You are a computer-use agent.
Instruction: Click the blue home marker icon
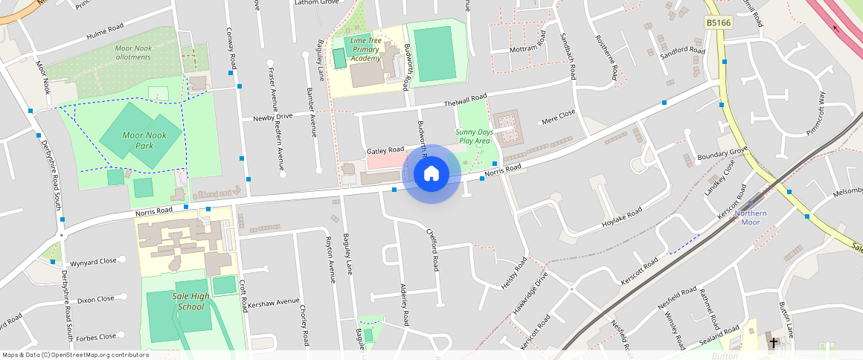431,174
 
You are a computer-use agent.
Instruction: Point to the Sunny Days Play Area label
474,135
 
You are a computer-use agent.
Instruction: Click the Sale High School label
188,301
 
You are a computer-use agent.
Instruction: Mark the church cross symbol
774,343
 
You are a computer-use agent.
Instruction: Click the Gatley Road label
385,150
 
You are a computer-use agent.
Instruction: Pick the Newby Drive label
272,117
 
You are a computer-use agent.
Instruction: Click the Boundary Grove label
722,155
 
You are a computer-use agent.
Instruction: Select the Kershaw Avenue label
273,303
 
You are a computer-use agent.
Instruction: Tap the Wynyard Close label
93,262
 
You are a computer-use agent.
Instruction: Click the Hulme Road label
104,32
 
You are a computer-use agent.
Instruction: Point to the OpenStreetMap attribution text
75,355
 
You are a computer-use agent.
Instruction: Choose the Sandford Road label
682,51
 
